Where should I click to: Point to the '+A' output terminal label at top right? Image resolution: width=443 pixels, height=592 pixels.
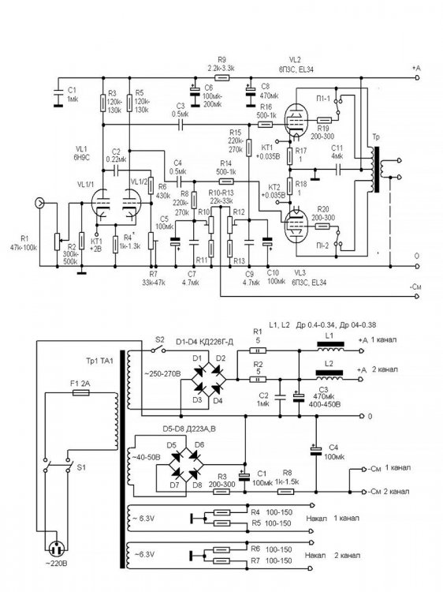(x=416, y=69)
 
